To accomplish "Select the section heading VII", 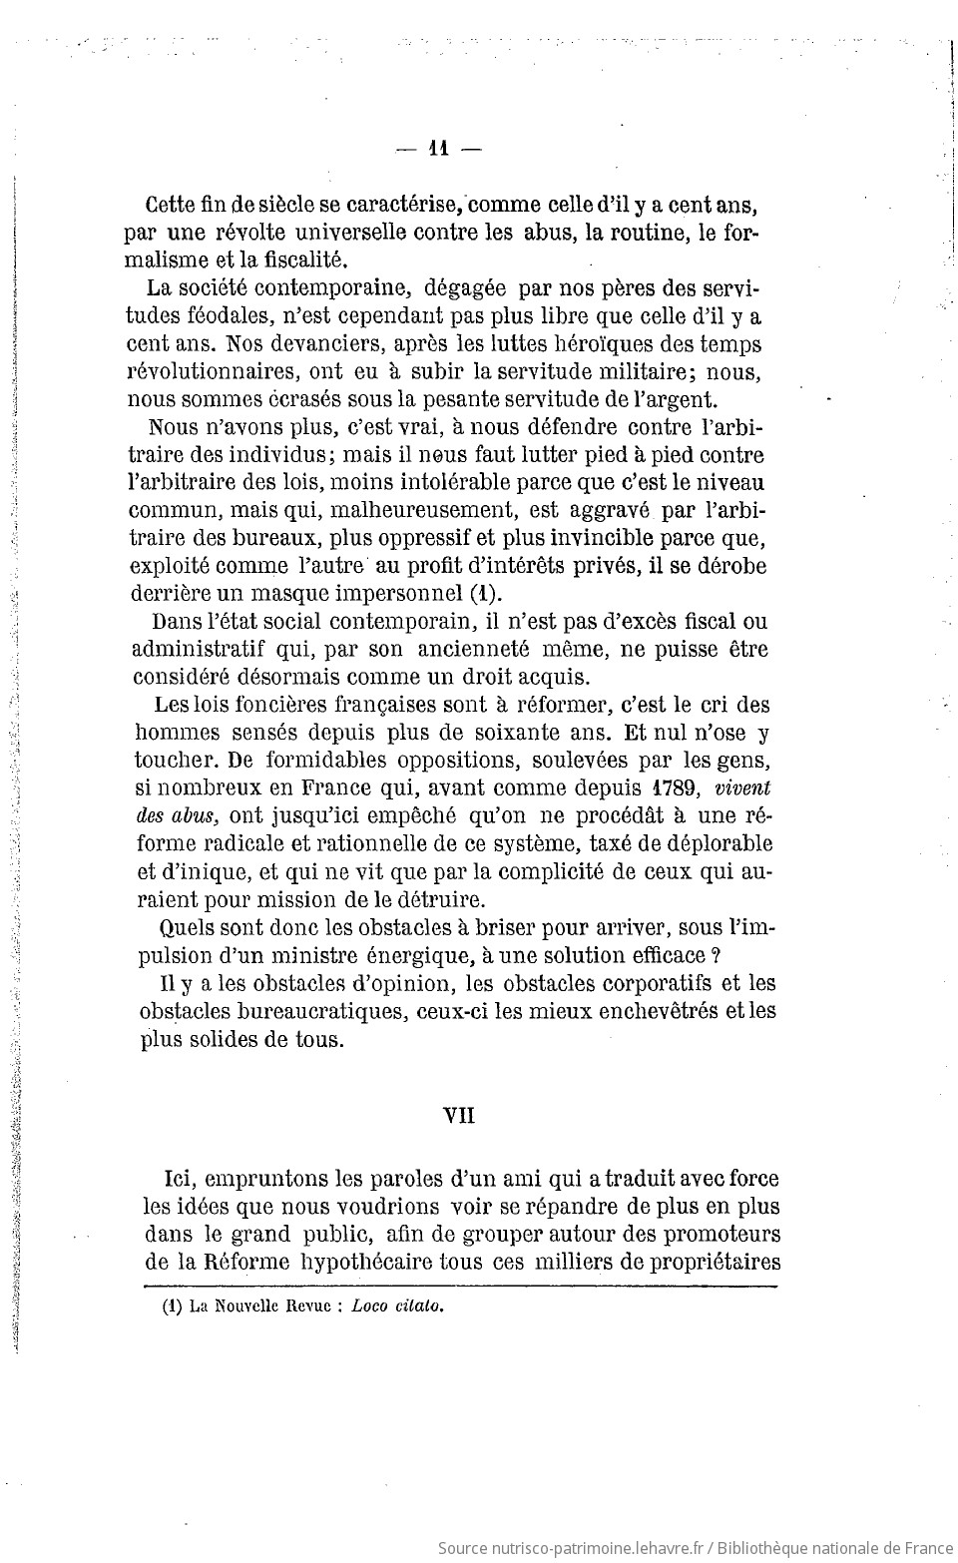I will (x=459, y=1116).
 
